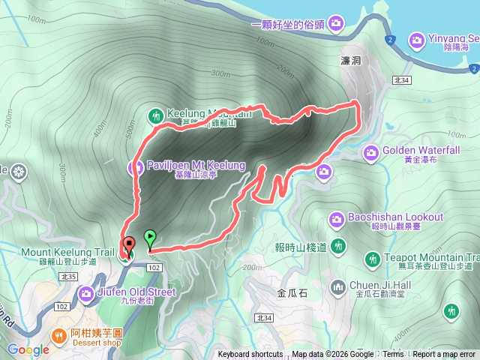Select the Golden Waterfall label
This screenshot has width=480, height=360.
(x=420, y=150)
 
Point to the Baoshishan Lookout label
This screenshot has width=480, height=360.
(x=396, y=217)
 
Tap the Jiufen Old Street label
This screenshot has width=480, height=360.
(x=136, y=292)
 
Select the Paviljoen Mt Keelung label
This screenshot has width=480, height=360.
(x=196, y=165)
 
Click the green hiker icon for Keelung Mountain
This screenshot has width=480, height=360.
(x=156, y=115)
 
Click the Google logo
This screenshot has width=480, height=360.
(x=28, y=349)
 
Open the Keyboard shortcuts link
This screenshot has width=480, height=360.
(x=250, y=355)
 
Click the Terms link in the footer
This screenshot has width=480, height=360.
(x=393, y=355)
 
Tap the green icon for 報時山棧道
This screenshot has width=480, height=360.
(x=337, y=246)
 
